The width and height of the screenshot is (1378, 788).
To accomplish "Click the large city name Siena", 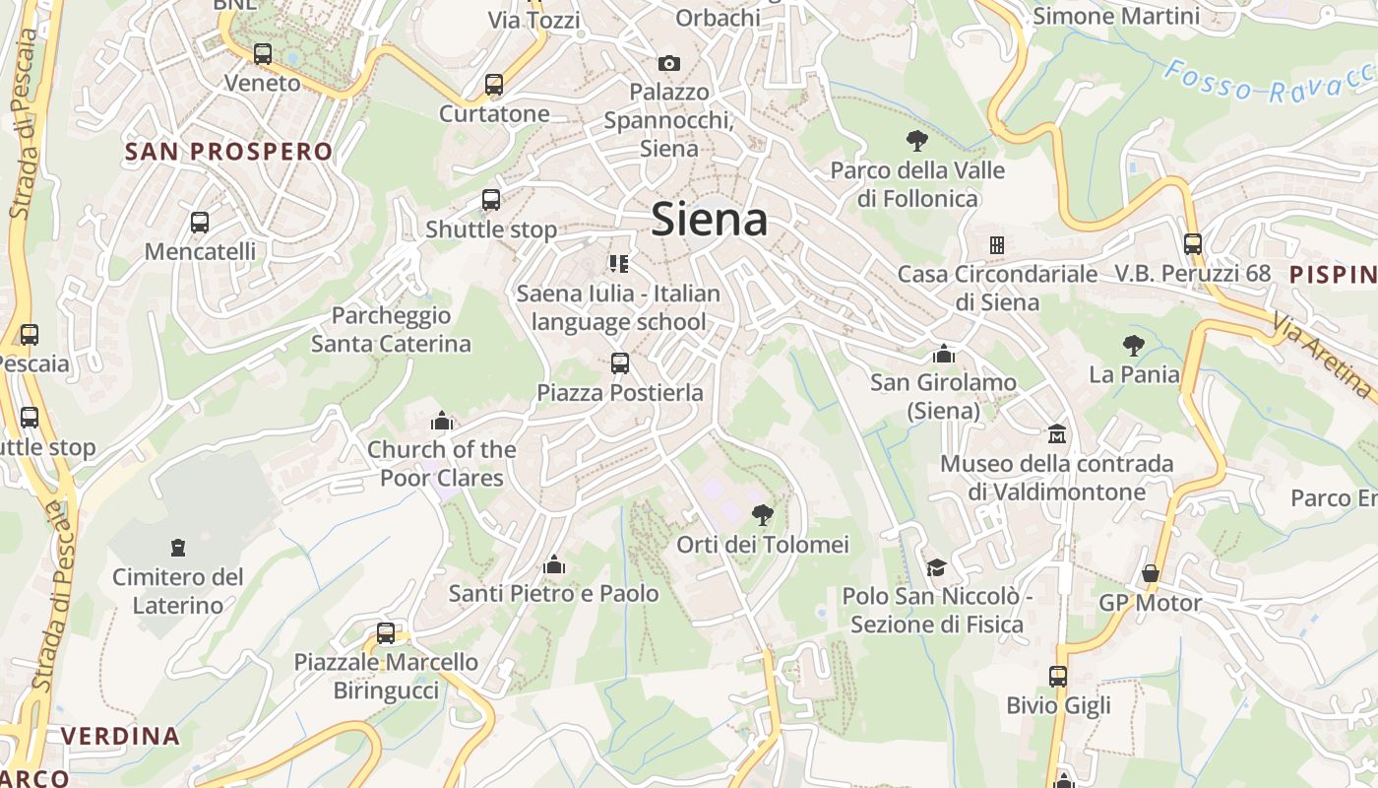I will tap(710, 219).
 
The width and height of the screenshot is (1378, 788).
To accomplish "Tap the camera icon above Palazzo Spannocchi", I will tap(669, 63).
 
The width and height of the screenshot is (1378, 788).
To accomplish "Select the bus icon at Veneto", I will tap(262, 54).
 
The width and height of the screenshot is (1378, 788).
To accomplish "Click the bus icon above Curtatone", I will tap(494, 85).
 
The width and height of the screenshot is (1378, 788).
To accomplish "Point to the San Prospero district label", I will tap(229, 152).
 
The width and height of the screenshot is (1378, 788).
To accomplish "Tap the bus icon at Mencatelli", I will tap(200, 223).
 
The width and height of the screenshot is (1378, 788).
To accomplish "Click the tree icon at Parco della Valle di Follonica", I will tap(917, 140).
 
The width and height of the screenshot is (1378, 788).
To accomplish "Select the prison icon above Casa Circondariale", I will tap(996, 244).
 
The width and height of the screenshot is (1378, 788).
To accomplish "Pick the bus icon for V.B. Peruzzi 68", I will tap(1193, 243).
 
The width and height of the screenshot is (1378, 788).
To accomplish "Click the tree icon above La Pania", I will tap(1134, 345).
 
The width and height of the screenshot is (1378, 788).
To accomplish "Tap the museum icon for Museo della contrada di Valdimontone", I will tap(1057, 433).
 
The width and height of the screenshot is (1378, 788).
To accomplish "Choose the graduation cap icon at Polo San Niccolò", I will tap(936, 567).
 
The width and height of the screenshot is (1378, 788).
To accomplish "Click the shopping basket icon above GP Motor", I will tap(1150, 573).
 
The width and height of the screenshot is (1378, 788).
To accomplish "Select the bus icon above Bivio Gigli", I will tap(1058, 677).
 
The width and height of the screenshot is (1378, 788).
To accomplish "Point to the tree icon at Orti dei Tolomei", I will tap(762, 514).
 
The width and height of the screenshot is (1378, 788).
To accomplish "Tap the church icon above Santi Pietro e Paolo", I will tap(554, 564).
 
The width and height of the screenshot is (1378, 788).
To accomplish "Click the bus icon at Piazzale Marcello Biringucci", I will tap(386, 633).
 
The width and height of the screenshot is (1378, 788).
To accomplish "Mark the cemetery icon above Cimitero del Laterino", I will tap(178, 547).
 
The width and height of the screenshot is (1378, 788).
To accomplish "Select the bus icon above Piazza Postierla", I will tap(620, 363).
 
